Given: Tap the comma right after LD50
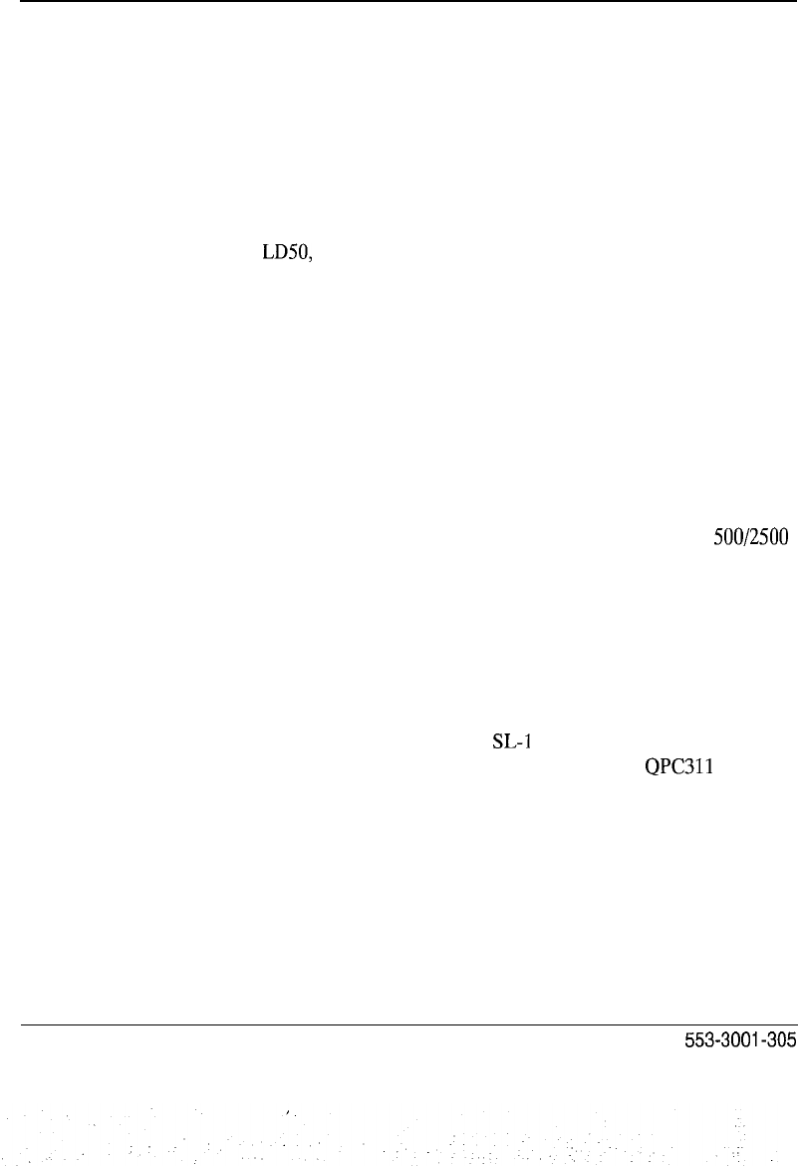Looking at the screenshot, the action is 313,260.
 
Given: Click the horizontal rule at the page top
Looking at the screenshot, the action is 399,2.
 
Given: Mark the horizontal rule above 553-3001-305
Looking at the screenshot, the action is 399,1023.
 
